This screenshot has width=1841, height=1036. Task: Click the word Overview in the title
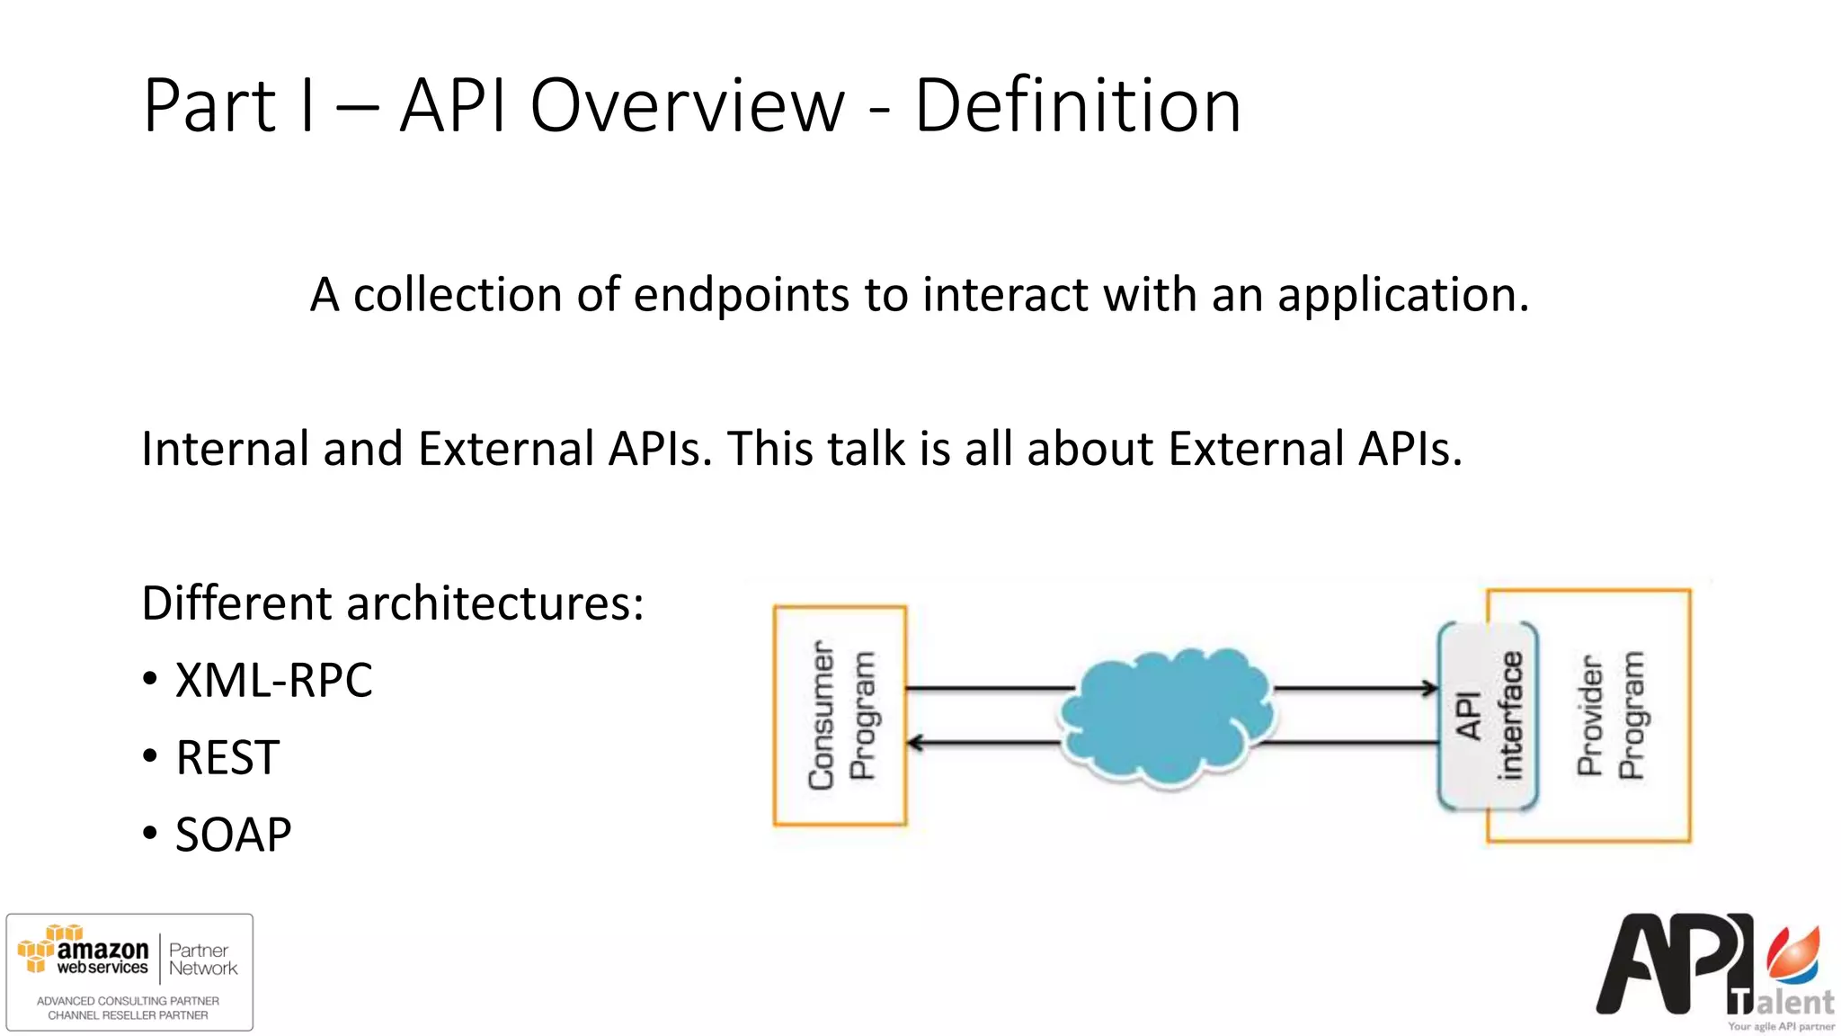tap(687, 106)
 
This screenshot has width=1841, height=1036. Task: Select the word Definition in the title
tap(1077, 106)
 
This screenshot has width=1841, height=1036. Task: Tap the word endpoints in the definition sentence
tap(741, 295)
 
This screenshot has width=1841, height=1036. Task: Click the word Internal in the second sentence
tap(226, 449)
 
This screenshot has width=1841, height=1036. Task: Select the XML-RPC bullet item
tap(273, 680)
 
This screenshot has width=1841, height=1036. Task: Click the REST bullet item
tap(227, 757)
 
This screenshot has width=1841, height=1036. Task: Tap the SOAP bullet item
tap(233, 835)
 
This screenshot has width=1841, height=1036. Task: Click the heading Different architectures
tap(393, 603)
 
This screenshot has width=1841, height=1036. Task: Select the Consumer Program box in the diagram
tap(840, 716)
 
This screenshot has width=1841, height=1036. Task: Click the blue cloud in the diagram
tap(1166, 716)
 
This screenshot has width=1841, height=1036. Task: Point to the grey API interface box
tap(1488, 716)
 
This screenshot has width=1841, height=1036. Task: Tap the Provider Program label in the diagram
tap(1610, 716)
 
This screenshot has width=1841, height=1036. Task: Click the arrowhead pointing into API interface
tap(1429, 689)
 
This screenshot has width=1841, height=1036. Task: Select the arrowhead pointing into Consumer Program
tap(915, 743)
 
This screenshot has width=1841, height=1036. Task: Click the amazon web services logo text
tap(101, 957)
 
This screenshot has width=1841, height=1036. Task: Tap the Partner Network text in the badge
tap(202, 960)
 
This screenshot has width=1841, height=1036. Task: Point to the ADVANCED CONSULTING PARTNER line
tap(128, 1000)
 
